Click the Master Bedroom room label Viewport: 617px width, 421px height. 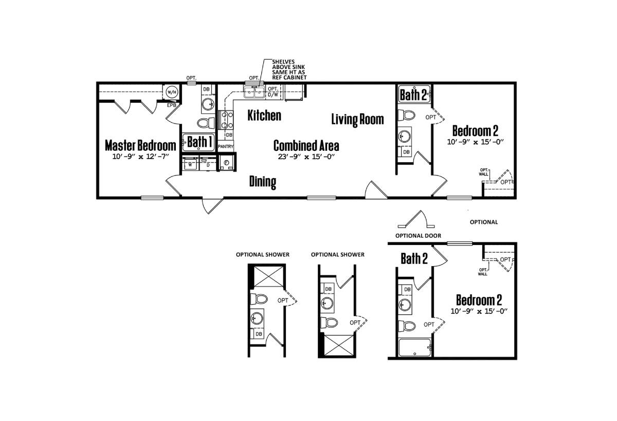pyautogui.click(x=140, y=145)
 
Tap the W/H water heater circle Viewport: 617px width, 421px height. pyautogui.click(x=171, y=92)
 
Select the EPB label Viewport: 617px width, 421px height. pyautogui.click(x=172, y=106)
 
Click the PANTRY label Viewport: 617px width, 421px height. pyautogui.click(x=226, y=147)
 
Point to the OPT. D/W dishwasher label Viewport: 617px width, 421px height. pyautogui.click(x=273, y=92)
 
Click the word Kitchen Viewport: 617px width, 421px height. pyautogui.click(x=264, y=115)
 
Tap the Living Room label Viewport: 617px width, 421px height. pyautogui.click(x=357, y=119)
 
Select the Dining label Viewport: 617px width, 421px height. pyautogui.click(x=263, y=182)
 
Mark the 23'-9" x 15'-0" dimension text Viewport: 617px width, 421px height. pyautogui.click(x=306, y=157)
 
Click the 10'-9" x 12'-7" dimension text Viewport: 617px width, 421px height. pyautogui.click(x=140, y=156)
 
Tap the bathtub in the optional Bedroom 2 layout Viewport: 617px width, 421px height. pyautogui.click(x=414, y=348)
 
